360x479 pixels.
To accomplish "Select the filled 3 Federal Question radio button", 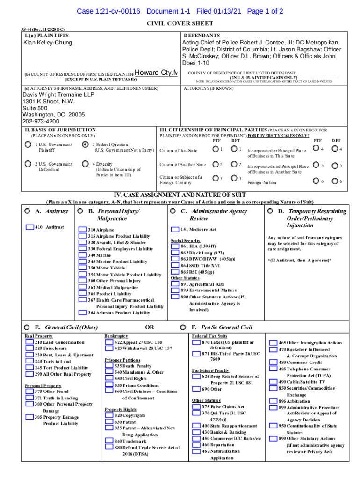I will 85,145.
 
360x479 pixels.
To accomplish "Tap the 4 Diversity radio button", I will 85,164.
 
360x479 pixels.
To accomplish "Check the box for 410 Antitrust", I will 30,227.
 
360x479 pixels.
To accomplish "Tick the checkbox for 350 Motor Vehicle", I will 82,268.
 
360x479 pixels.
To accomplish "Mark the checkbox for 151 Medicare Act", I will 175,230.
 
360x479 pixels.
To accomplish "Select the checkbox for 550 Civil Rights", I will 109,378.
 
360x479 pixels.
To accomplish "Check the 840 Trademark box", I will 109,441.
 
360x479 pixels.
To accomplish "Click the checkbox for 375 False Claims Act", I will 196,407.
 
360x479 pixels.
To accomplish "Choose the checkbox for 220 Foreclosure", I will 29,348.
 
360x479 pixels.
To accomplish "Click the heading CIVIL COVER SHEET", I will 180,23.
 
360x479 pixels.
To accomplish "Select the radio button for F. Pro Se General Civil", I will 183,327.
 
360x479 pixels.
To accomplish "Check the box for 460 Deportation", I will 196,445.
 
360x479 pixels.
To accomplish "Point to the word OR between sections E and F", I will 149,327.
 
